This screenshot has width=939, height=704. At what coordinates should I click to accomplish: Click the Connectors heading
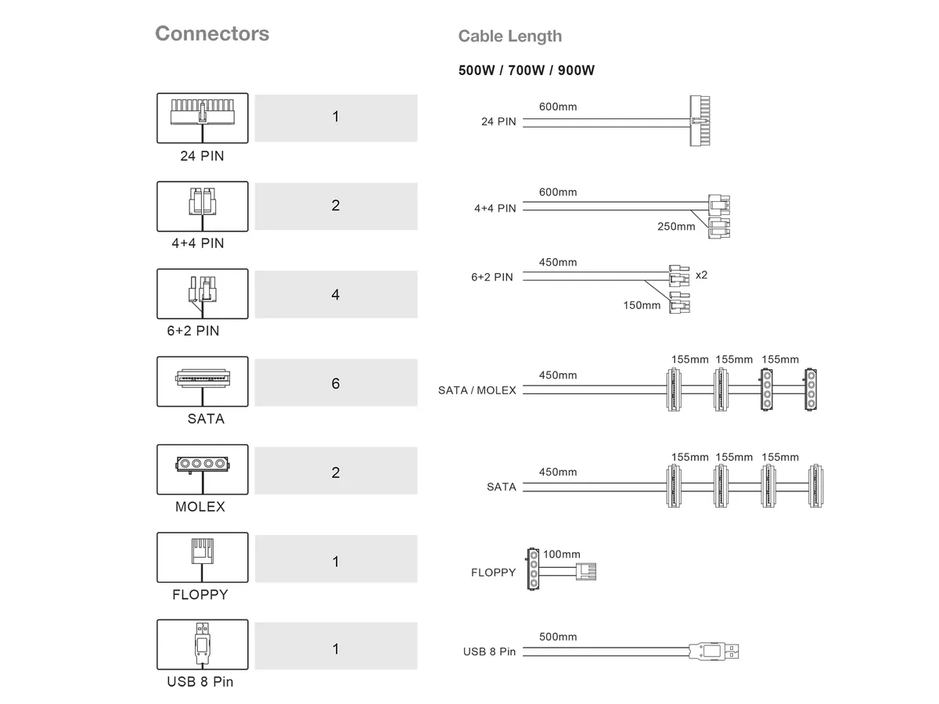pos(212,34)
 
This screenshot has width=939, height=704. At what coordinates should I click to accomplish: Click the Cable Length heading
pos(510,36)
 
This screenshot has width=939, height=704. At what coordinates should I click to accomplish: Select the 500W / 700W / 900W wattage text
pos(526,70)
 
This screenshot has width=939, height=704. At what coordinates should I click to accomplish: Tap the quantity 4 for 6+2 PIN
pos(336,294)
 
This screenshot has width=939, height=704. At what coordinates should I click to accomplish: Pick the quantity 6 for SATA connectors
pos(336,383)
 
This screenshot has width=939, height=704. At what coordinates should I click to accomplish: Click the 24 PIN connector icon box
pos(203,118)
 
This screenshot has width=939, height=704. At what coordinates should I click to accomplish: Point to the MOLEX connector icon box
pos(203,469)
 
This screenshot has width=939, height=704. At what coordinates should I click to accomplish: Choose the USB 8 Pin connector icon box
pos(203,644)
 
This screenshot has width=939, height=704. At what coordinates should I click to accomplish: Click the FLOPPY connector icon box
pos(203,557)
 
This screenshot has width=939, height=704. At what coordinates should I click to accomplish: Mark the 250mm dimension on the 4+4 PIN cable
pos(676,226)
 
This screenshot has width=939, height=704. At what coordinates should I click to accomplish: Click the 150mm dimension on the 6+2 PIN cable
pos(642,305)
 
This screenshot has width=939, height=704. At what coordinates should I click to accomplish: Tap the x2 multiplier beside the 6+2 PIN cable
pos(702,275)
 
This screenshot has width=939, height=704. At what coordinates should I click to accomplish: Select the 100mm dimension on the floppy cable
pos(562,554)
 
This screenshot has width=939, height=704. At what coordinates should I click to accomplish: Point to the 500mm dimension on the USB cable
pos(558,637)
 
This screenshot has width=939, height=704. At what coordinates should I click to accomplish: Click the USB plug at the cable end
pos(714,651)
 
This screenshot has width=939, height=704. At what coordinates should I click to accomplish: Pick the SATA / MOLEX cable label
pos(477,390)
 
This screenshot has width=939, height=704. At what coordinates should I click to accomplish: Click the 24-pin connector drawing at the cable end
pos(700,120)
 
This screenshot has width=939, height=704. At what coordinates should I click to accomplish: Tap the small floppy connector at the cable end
pos(586,572)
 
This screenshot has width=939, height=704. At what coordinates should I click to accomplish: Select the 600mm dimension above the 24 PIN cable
pos(558,106)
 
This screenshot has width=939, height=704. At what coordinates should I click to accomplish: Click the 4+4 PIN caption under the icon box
pos(198,243)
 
